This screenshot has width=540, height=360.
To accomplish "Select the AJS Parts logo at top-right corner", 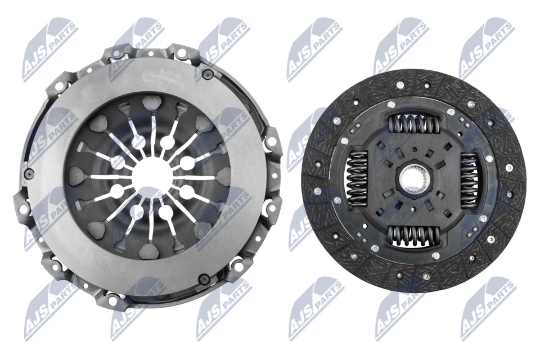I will (487, 48).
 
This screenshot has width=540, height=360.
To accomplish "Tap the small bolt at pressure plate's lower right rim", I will (206, 277).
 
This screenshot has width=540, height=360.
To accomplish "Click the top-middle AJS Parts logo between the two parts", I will (312, 48).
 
